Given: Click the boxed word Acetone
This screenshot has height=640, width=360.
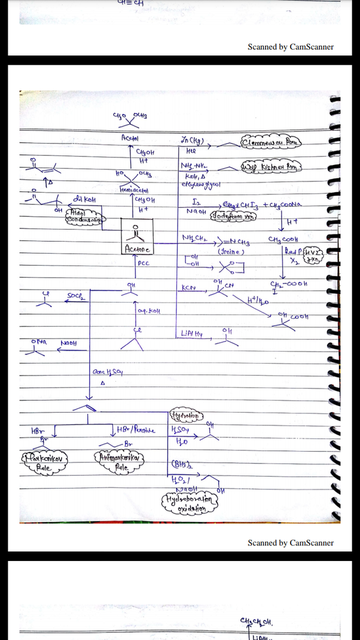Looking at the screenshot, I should pyautogui.click(x=137, y=248).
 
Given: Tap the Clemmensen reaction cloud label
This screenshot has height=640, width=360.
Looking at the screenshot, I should pyautogui.click(x=271, y=142).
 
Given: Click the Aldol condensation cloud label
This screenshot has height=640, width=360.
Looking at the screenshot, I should pyautogui.click(x=86, y=215).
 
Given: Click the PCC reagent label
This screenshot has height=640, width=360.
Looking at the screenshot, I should pyautogui.click(x=143, y=262).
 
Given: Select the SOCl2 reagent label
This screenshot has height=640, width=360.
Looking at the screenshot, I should pyautogui.click(x=74, y=295).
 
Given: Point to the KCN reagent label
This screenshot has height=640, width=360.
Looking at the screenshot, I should pyautogui.click(x=188, y=288).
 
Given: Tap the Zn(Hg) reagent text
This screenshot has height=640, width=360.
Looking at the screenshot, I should pyautogui.click(x=193, y=141).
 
